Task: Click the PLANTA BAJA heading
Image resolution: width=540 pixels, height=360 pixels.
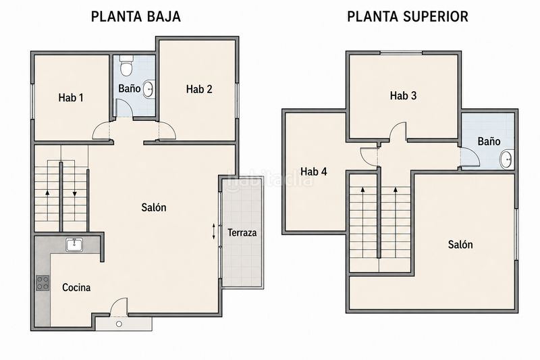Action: pos(136,16)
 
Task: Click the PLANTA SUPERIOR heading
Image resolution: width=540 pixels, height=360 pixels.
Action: pos(408,16)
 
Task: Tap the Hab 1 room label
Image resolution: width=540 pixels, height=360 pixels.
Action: pos(71,98)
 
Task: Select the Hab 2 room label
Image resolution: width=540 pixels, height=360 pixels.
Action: pos(199,89)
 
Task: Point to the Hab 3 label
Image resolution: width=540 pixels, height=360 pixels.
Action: pos(403,95)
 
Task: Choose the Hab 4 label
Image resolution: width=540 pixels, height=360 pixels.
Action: pos(314,172)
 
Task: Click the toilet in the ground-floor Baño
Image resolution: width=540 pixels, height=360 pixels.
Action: pos(126,66)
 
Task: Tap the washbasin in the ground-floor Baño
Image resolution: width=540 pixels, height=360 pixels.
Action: pos(148,89)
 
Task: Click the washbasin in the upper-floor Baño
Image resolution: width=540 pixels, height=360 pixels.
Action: pos(506,159)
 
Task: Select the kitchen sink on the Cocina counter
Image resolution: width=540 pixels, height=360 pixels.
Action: pos(74,245)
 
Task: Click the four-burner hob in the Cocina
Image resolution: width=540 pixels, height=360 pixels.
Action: pos(43,283)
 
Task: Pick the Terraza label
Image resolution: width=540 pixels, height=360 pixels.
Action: pos(242,233)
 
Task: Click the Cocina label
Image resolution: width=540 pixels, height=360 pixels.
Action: pos(76,287)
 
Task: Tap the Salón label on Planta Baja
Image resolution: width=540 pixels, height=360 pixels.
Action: pos(154,207)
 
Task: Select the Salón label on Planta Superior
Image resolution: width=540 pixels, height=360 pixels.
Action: pos(460,245)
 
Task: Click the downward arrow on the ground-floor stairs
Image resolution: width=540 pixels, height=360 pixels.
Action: pos(74,198)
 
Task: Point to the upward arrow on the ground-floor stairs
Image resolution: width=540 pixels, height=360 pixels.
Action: pos(47,198)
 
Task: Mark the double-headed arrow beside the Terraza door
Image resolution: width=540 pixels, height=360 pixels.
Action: pos(213,231)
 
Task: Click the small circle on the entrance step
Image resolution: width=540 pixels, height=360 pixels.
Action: pos(119,324)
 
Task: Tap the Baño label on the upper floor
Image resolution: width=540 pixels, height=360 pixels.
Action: pos(489,141)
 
